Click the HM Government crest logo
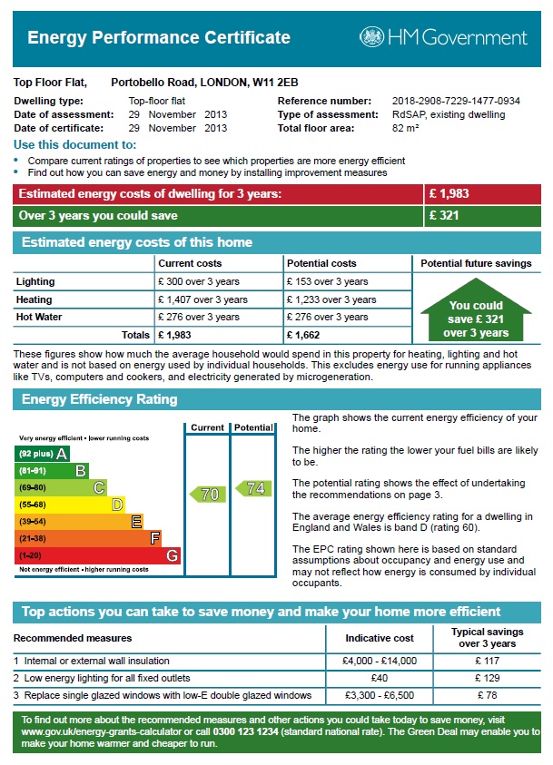[x=371, y=37]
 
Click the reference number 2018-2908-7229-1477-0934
[x=456, y=101]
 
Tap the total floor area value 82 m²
[x=405, y=128]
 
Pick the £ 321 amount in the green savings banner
[x=444, y=216]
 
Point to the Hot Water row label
[x=40, y=318]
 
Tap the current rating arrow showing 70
[x=206, y=495]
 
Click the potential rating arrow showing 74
[x=252, y=488]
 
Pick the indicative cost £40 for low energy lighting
[x=380, y=678]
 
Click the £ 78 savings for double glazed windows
[x=487, y=695]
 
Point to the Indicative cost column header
[x=380, y=638]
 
